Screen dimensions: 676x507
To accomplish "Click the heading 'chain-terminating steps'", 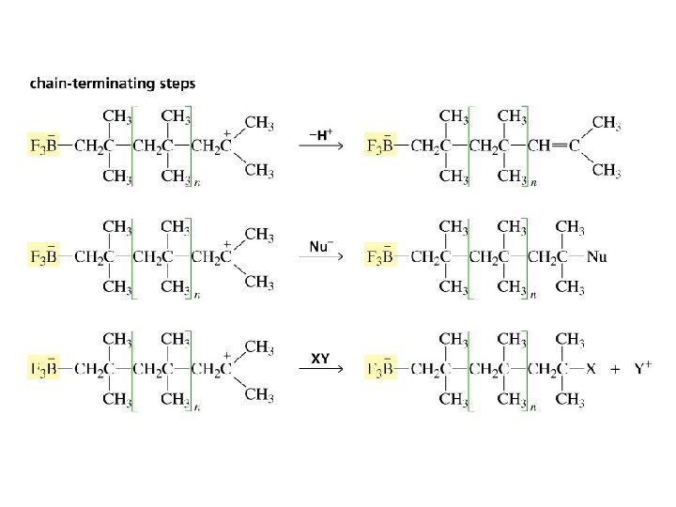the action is [x=113, y=84].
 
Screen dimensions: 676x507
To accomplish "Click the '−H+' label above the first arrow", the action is [x=319, y=134].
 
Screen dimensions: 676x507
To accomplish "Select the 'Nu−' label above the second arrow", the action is [x=319, y=247].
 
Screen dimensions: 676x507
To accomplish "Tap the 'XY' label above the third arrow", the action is [x=319, y=359].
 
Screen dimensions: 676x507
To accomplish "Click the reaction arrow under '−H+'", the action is [x=319, y=146].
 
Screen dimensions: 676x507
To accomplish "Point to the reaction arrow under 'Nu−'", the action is [x=319, y=258].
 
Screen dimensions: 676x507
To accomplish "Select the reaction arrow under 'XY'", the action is [x=319, y=370].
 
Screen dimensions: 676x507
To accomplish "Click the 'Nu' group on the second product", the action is [x=596, y=257].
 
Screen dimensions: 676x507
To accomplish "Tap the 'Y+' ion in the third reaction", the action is [x=643, y=369].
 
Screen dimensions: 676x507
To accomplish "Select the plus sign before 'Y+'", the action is [x=615, y=369].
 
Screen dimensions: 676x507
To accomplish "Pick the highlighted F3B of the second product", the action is [x=380, y=256].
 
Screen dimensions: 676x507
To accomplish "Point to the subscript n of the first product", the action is [x=533, y=184].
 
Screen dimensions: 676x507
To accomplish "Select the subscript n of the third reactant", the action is [x=196, y=407].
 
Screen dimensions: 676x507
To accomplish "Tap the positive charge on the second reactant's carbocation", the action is [x=227, y=244].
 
